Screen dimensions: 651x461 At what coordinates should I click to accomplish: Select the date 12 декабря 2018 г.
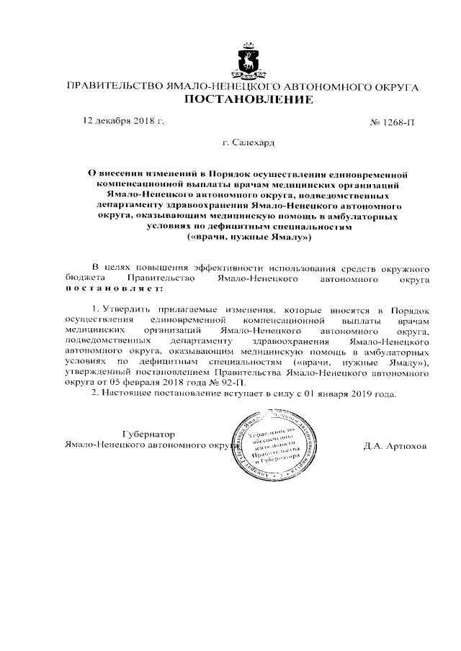click(125, 121)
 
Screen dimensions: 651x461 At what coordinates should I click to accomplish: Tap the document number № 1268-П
click(393, 122)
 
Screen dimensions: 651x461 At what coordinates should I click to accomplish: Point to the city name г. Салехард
click(249, 143)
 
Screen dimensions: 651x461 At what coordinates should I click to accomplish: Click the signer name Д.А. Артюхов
click(395, 446)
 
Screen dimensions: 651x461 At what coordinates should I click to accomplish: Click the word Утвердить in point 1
click(128, 307)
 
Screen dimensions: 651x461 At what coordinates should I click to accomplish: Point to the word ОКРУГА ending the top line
click(395, 86)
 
